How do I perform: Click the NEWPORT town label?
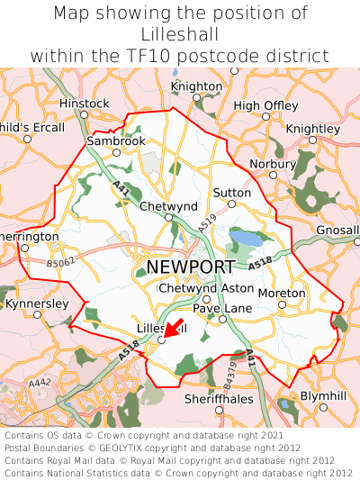click(190, 267)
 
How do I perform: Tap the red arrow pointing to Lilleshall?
click(174, 329)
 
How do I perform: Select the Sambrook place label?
click(116, 141)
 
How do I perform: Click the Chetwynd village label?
click(168, 206)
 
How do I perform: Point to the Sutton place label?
click(231, 193)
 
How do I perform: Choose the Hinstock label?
click(84, 104)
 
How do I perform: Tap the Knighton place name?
click(196, 86)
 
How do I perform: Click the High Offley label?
click(265, 105)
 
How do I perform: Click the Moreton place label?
click(282, 294)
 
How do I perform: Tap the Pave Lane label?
click(222, 308)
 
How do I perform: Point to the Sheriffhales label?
click(219, 398)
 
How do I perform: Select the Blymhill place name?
click(322, 395)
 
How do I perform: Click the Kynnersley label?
click(37, 303)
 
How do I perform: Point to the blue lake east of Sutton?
click(244, 238)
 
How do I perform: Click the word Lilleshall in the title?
click(179, 34)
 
